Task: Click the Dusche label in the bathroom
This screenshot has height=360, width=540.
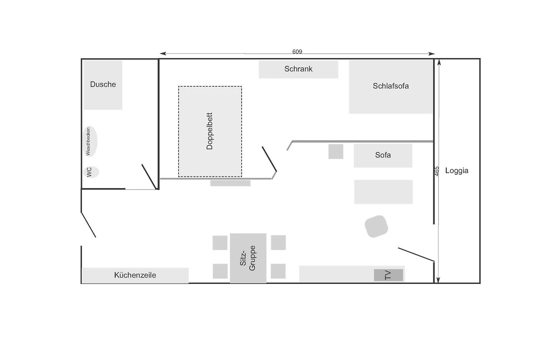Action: [103, 84]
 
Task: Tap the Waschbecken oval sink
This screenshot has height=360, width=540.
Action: [90, 141]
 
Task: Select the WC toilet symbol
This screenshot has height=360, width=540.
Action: [91, 172]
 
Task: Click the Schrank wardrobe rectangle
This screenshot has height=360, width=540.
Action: [298, 69]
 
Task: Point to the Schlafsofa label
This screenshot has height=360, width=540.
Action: [391, 86]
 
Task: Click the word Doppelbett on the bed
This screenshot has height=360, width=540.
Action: [210, 131]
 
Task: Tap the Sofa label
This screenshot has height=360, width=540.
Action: [383, 155]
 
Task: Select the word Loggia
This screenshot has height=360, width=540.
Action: [457, 171]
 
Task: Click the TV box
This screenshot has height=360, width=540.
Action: [388, 275]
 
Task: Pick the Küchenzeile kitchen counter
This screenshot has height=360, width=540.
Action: [135, 275]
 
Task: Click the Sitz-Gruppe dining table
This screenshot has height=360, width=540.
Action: [248, 258]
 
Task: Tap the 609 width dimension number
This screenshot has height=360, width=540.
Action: [297, 52]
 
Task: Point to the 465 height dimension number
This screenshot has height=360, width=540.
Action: [437, 171]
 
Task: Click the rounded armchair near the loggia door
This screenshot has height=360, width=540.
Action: [376, 226]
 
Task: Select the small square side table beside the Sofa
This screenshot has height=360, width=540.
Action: [336, 152]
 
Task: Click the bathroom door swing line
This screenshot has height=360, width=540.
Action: [149, 177]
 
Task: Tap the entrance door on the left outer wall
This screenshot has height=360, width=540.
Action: [89, 225]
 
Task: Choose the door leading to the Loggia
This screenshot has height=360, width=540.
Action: [416, 254]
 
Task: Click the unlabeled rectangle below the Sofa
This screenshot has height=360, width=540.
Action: [383, 192]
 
